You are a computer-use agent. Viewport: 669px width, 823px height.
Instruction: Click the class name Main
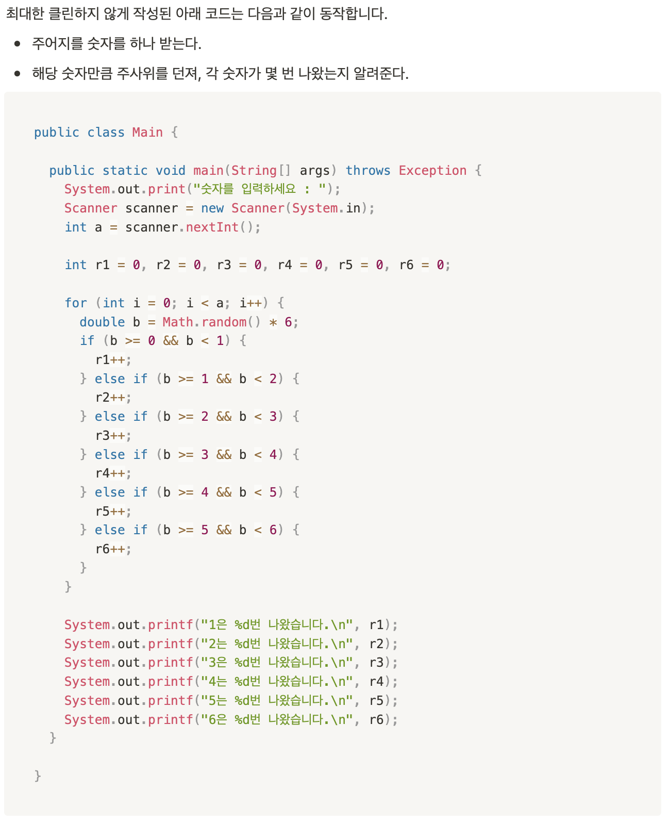pos(147,133)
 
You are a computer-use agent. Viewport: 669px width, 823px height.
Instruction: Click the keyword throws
pos(367,171)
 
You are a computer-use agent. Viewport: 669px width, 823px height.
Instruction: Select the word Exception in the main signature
pos(432,171)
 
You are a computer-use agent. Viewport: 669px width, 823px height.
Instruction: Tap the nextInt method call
pos(212,227)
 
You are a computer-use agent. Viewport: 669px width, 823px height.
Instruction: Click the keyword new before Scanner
pos(212,208)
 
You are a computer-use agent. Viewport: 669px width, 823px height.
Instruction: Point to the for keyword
pos(76,303)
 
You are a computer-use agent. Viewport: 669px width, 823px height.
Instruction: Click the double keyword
pos(102,322)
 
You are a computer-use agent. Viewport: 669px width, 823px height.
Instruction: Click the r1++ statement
pos(113,360)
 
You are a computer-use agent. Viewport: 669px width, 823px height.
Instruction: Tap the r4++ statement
pos(113,473)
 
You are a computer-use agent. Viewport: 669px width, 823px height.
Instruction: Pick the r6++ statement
pos(113,549)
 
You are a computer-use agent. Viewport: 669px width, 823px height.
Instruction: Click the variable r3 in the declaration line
pos(224,265)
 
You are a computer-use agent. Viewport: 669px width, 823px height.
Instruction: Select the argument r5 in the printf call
pos(376,701)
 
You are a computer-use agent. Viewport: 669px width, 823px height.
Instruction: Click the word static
pos(125,171)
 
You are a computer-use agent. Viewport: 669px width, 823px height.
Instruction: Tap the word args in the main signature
pos(314,171)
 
